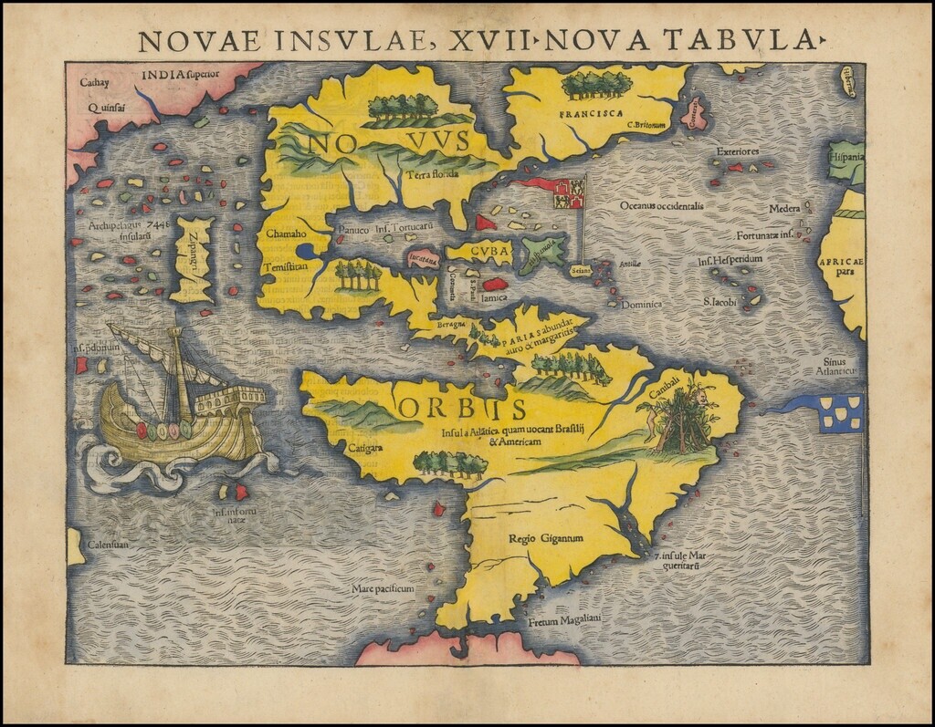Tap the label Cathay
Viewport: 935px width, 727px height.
tap(95, 83)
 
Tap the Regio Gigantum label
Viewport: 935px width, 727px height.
tap(546, 538)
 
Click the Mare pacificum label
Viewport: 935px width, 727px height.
tap(383, 589)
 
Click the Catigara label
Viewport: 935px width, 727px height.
tap(364, 447)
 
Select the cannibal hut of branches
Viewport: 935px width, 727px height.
tap(680, 424)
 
